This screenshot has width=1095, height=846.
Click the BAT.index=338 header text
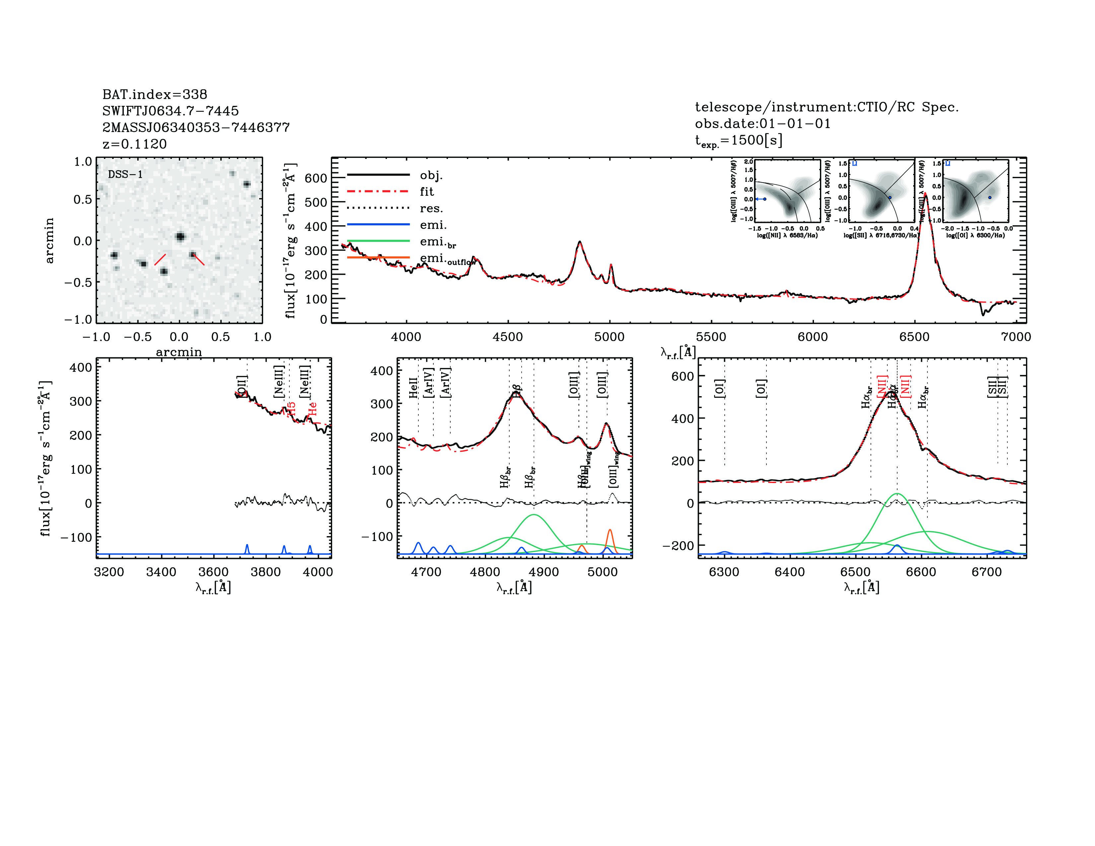[x=154, y=94]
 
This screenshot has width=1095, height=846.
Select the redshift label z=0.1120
[x=134, y=144]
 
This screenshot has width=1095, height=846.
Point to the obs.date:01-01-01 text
[x=763, y=123]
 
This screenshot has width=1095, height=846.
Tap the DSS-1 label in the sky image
[x=125, y=175]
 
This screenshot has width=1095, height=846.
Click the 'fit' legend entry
[x=427, y=191]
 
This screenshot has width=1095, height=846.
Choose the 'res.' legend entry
[x=431, y=208]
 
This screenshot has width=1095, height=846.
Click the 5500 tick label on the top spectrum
[x=711, y=337]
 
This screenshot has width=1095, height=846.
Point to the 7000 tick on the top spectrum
[x=1016, y=337]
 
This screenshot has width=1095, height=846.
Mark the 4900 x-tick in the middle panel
[x=544, y=572]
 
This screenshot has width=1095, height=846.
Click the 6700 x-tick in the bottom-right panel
[x=986, y=572]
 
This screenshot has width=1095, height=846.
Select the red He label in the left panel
[x=312, y=408]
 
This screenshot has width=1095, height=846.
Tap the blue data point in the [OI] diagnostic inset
[x=989, y=197]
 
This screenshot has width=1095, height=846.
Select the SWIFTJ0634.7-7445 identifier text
[x=171, y=111]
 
